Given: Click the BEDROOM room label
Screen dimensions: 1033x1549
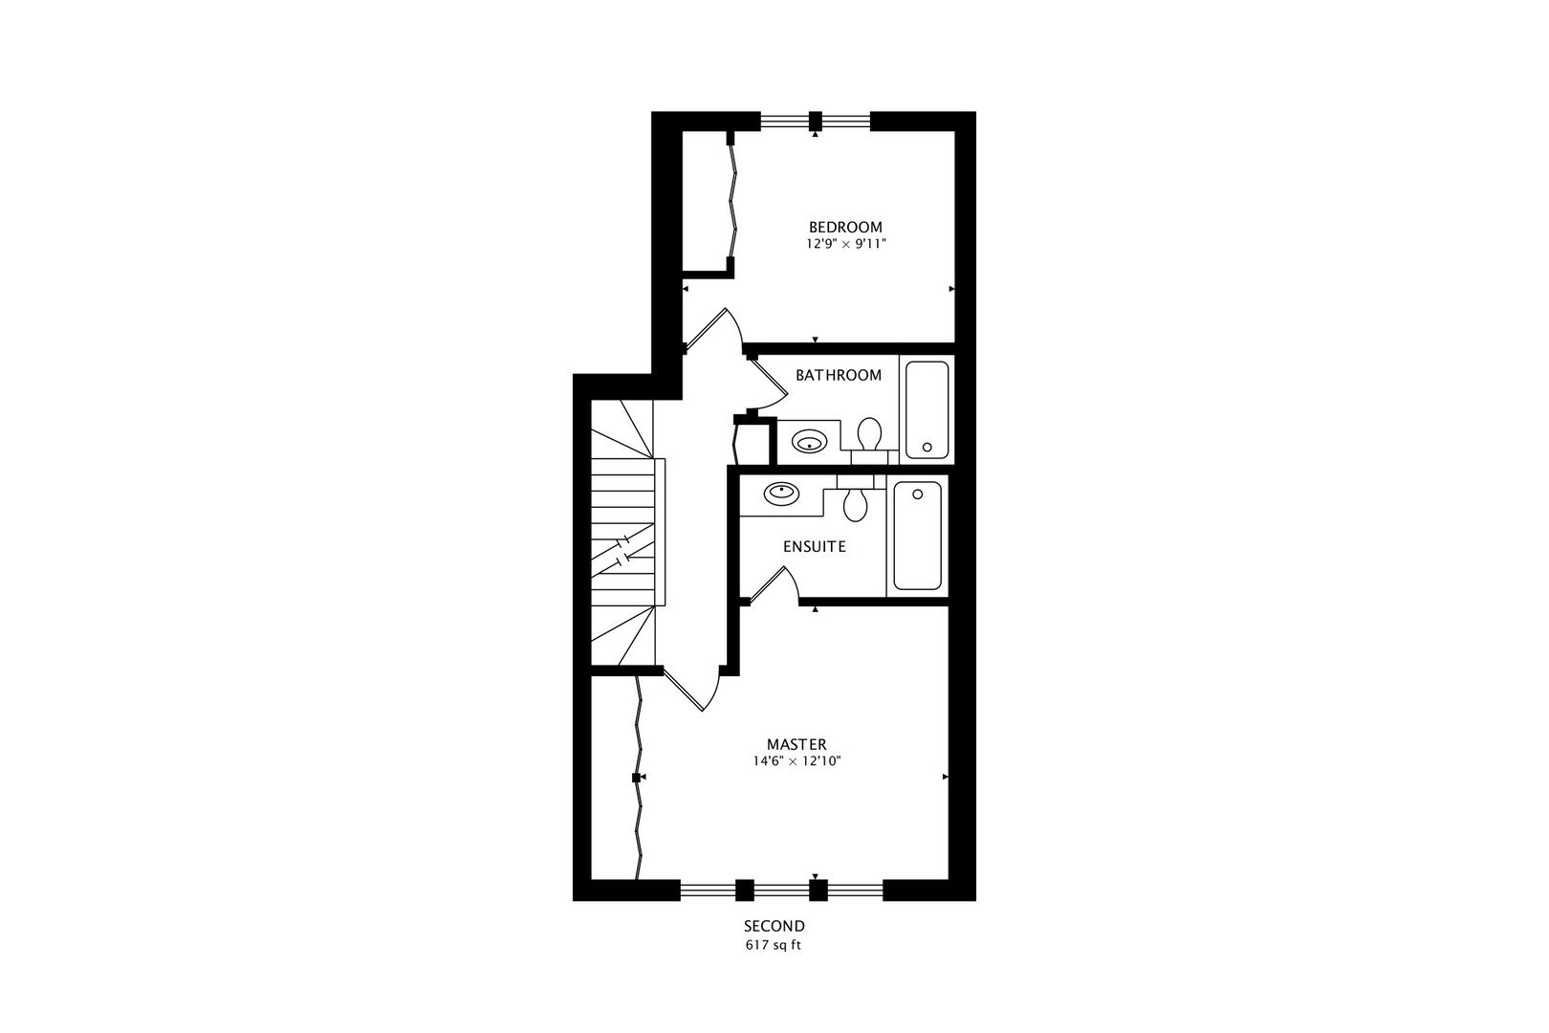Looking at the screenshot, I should (845, 227).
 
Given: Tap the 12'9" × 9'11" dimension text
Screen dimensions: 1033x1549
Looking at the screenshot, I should (845, 244).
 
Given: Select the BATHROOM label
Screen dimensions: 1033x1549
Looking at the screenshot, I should (839, 375).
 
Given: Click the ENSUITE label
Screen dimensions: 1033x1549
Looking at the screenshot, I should (814, 547).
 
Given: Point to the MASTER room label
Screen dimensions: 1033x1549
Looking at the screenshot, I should (796, 744).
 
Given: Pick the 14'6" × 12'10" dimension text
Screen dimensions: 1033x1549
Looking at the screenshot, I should (796, 761).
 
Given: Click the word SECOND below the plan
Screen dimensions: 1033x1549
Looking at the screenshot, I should (774, 926).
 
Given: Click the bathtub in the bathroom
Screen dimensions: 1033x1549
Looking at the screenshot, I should (927, 409).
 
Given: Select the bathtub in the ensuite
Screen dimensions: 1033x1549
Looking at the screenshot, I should (917, 535).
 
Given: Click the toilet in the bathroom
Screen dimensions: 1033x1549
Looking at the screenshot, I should (869, 435).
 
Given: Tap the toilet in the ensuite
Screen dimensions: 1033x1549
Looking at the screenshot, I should (855, 502).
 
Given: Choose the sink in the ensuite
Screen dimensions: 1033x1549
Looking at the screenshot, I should (781, 494).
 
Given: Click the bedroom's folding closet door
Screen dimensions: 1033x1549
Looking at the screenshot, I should (734, 201).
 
